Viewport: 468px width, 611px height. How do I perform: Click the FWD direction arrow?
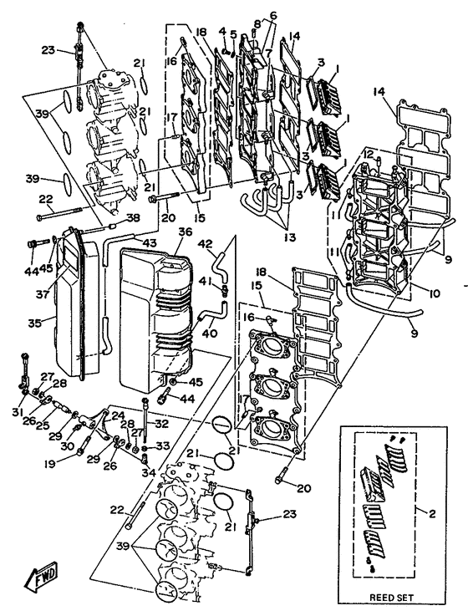coord(40,576)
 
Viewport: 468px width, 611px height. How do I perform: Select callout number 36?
coord(185,232)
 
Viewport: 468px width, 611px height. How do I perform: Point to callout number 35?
coord(35,323)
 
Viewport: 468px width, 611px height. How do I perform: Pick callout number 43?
coord(149,242)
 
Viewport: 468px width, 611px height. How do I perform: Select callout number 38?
coord(133,219)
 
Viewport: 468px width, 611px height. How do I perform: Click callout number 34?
coord(149,472)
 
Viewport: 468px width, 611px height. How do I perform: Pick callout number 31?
coord(18,411)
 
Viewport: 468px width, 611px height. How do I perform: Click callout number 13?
coord(289,237)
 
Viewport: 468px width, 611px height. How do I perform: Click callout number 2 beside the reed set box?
coord(432,514)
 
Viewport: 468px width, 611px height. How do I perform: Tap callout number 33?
coord(164,445)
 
